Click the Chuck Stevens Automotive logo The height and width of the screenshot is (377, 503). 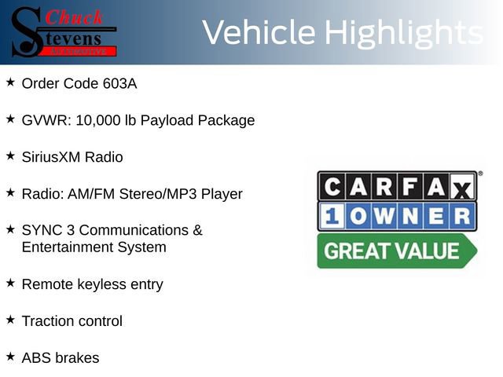tap(63, 31)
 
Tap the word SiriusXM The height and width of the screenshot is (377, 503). tap(53, 157)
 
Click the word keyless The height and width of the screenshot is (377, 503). tap(101, 284)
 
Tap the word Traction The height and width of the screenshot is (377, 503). tap(48, 321)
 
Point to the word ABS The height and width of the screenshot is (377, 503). tap(36, 358)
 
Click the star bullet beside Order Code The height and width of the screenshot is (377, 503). tap(10, 82)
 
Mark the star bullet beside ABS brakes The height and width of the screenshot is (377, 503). tap(10, 357)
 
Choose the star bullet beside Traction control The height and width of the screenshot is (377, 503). tap(10, 320)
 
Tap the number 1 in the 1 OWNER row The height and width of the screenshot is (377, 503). tap(332, 217)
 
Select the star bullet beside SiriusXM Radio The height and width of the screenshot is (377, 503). tap(10, 156)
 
